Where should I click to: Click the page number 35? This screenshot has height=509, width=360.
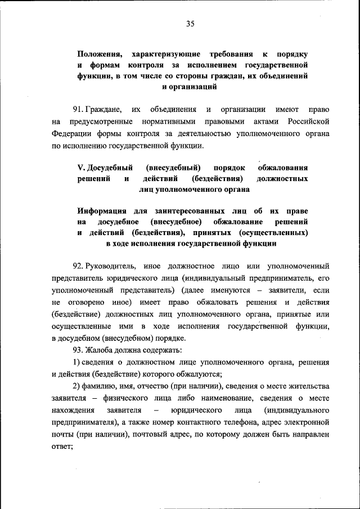click(x=190, y=23)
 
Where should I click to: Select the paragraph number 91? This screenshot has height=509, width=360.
click(x=78, y=109)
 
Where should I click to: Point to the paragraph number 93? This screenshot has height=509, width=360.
click(x=78, y=350)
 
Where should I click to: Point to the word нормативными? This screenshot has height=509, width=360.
click(x=166, y=121)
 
